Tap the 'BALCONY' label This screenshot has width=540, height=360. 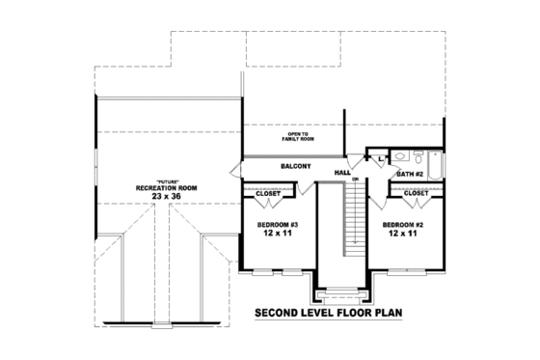pyautogui.click(x=295, y=166)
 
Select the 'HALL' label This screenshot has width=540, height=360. pyautogui.click(x=342, y=173)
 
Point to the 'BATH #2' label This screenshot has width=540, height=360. pyautogui.click(x=411, y=174)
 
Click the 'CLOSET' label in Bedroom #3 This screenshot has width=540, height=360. pyautogui.click(x=268, y=194)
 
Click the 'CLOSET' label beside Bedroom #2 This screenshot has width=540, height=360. pyautogui.click(x=416, y=193)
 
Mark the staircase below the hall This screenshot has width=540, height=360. pyautogui.click(x=357, y=222)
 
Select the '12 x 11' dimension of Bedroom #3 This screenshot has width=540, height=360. pyautogui.click(x=277, y=234)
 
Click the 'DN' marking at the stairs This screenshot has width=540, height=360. pyautogui.click(x=355, y=180)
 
